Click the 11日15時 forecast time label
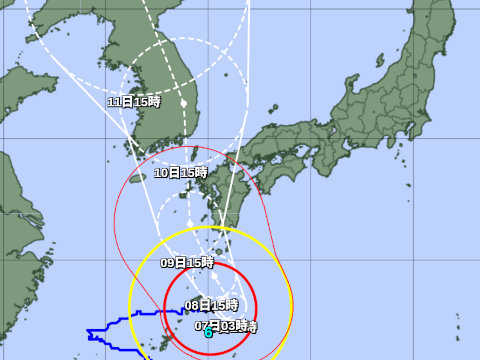point(133,102)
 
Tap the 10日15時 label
point(180,173)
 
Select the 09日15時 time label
point(187,262)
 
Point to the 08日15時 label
point(211,304)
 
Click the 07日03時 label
point(226,326)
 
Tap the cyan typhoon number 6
point(208,334)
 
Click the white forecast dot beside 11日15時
point(184,102)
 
